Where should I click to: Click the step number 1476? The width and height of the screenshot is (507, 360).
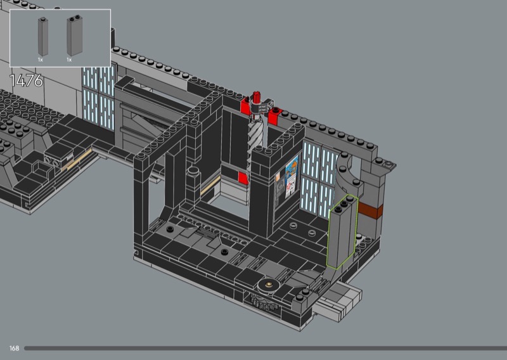pos(26,80)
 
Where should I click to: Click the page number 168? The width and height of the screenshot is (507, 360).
pos(14,348)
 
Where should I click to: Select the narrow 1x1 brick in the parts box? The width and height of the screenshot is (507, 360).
pos(43,37)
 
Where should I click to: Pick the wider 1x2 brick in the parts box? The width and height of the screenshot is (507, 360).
pos(75,35)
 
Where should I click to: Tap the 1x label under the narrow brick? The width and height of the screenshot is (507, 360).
pos(40,60)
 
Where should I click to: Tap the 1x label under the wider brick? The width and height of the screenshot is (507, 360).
pos(69,60)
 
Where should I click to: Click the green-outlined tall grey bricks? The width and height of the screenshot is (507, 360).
pos(343,231)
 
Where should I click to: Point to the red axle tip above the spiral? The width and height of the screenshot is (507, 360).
pos(257,96)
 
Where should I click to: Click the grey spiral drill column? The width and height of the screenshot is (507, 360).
pos(255,136)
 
